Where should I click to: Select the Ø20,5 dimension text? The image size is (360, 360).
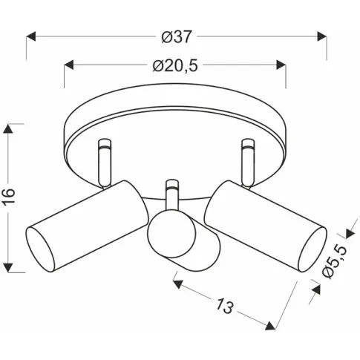175,66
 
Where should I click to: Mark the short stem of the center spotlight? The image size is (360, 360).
172,196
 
